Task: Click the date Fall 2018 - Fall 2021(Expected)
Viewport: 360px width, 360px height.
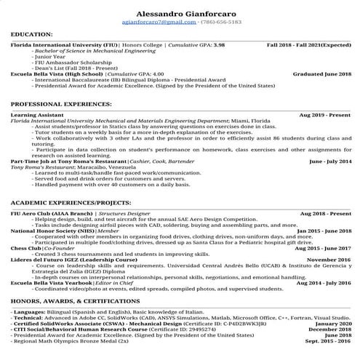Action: pos(308,45)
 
